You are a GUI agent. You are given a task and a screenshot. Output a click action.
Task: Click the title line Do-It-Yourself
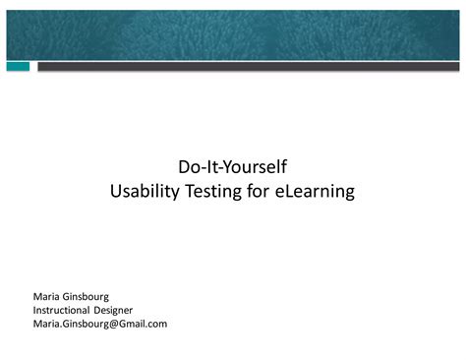coord(232,167)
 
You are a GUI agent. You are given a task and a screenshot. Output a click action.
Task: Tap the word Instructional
coord(61,310)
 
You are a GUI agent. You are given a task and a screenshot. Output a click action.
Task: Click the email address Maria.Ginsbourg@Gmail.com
coord(100,324)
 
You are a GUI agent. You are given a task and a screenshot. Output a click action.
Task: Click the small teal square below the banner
coord(18,67)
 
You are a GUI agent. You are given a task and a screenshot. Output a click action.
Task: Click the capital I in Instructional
coord(34,310)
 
